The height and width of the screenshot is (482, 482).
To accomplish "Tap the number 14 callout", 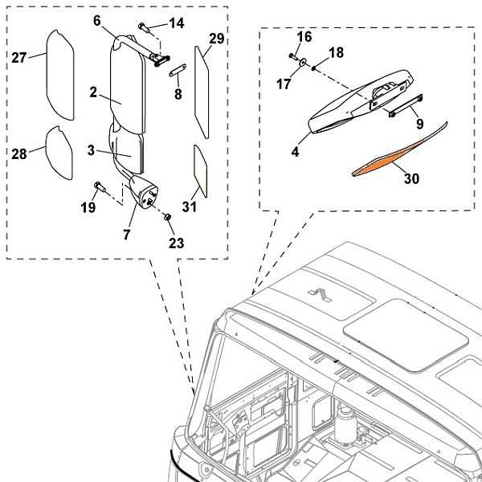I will (175, 23).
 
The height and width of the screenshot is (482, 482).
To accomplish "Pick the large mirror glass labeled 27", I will (59, 72).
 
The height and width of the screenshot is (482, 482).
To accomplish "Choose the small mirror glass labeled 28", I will (60, 149).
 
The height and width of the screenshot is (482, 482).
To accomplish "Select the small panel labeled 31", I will (201, 170).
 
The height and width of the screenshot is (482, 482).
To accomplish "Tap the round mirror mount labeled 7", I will (144, 194).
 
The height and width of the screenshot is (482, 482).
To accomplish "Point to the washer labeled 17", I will (303, 63).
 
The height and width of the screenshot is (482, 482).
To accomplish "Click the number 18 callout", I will (336, 52).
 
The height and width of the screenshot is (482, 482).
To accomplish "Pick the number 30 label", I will (411, 179).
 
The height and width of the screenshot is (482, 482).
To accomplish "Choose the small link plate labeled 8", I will (179, 69).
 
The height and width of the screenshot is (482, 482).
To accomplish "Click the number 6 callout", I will (96, 21).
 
